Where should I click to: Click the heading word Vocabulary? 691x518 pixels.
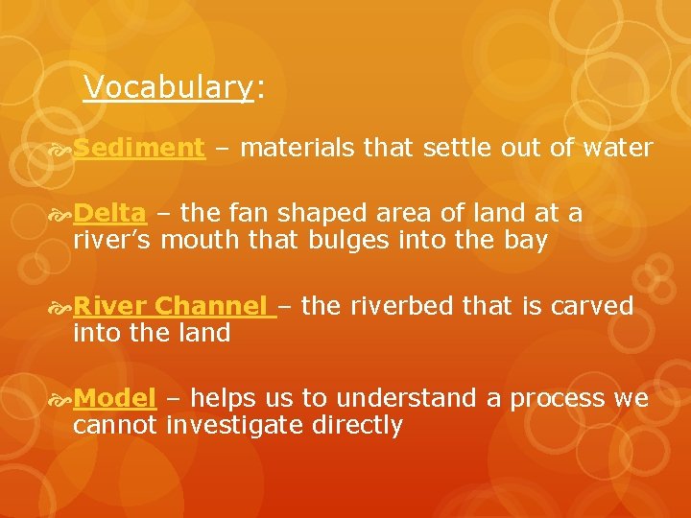coord(168,88)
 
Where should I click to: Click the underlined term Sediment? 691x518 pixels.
coord(139,148)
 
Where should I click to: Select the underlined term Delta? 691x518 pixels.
coord(109,213)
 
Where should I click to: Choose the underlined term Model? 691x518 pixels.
coord(114,398)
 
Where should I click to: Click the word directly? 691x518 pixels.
coord(357,425)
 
